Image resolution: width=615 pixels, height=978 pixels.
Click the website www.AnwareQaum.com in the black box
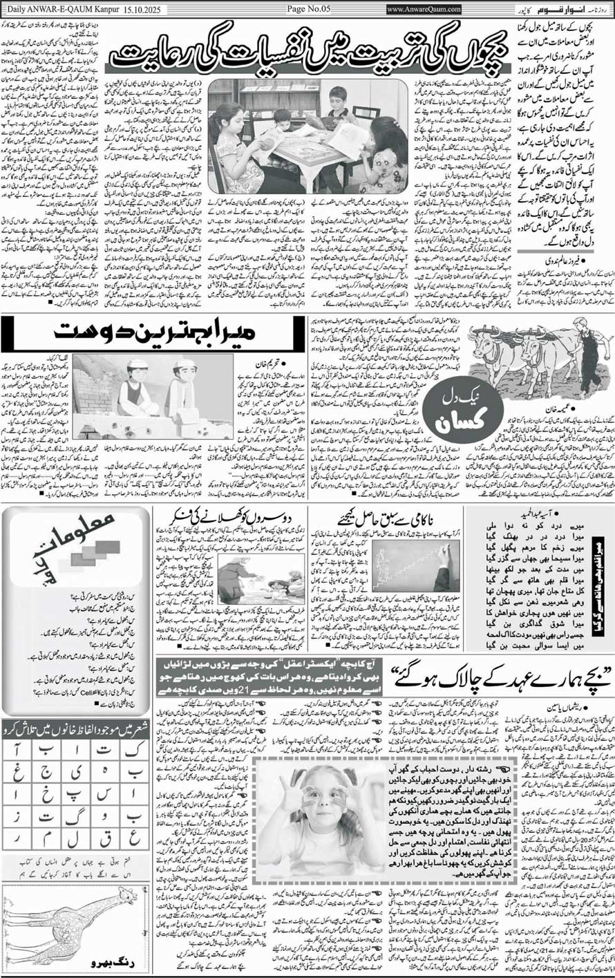424,9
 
